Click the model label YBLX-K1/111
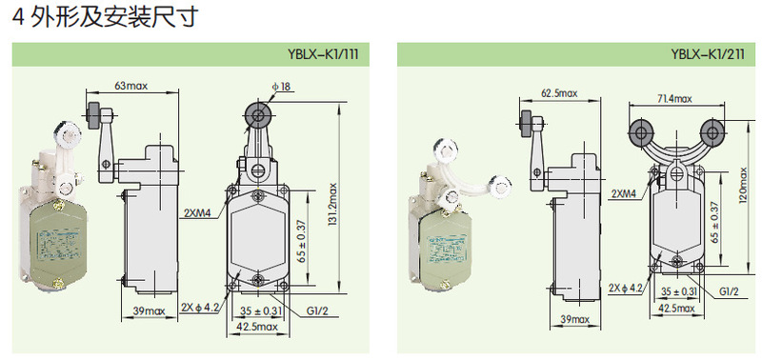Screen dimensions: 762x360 point(323,54)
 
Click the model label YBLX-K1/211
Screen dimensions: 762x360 point(708,54)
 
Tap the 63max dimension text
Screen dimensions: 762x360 point(131,86)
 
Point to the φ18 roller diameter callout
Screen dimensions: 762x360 point(281,87)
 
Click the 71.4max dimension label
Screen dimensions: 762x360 point(674,99)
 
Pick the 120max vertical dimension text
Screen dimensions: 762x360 point(744,185)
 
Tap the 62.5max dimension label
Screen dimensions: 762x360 point(559,92)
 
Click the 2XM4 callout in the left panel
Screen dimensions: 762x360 point(197,212)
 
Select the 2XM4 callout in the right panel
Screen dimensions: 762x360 point(624,194)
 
